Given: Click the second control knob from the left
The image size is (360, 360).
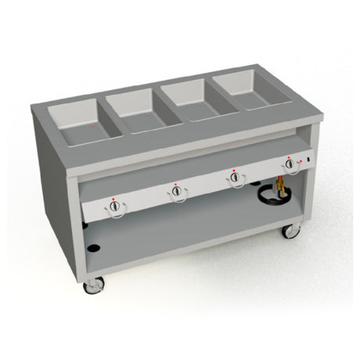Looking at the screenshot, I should [x=177, y=191].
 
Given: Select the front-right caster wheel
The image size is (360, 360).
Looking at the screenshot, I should [x=290, y=231].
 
